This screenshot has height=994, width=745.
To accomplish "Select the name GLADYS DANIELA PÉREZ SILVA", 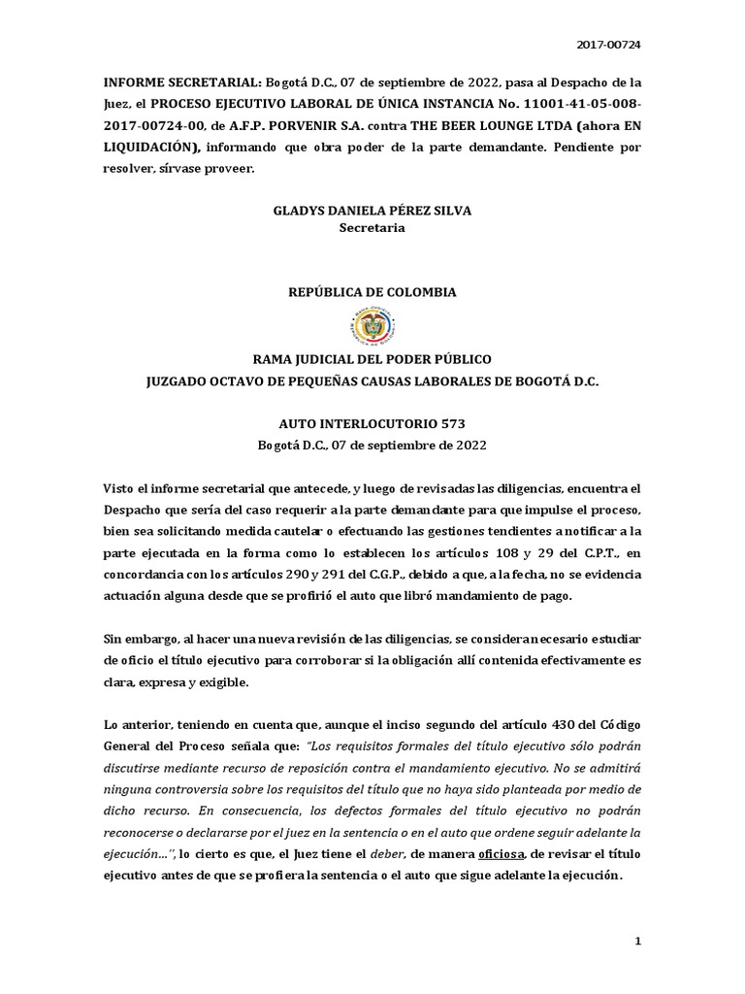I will click(x=372, y=211).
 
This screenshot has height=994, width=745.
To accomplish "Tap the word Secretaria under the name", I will click(x=372, y=229).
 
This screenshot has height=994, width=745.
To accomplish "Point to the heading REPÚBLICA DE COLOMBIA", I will click(x=372, y=292).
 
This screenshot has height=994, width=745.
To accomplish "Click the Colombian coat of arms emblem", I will click(x=372, y=325).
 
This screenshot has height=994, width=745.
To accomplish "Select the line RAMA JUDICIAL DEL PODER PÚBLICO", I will click(x=372, y=359).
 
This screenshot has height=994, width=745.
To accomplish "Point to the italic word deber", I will click(x=385, y=855).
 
